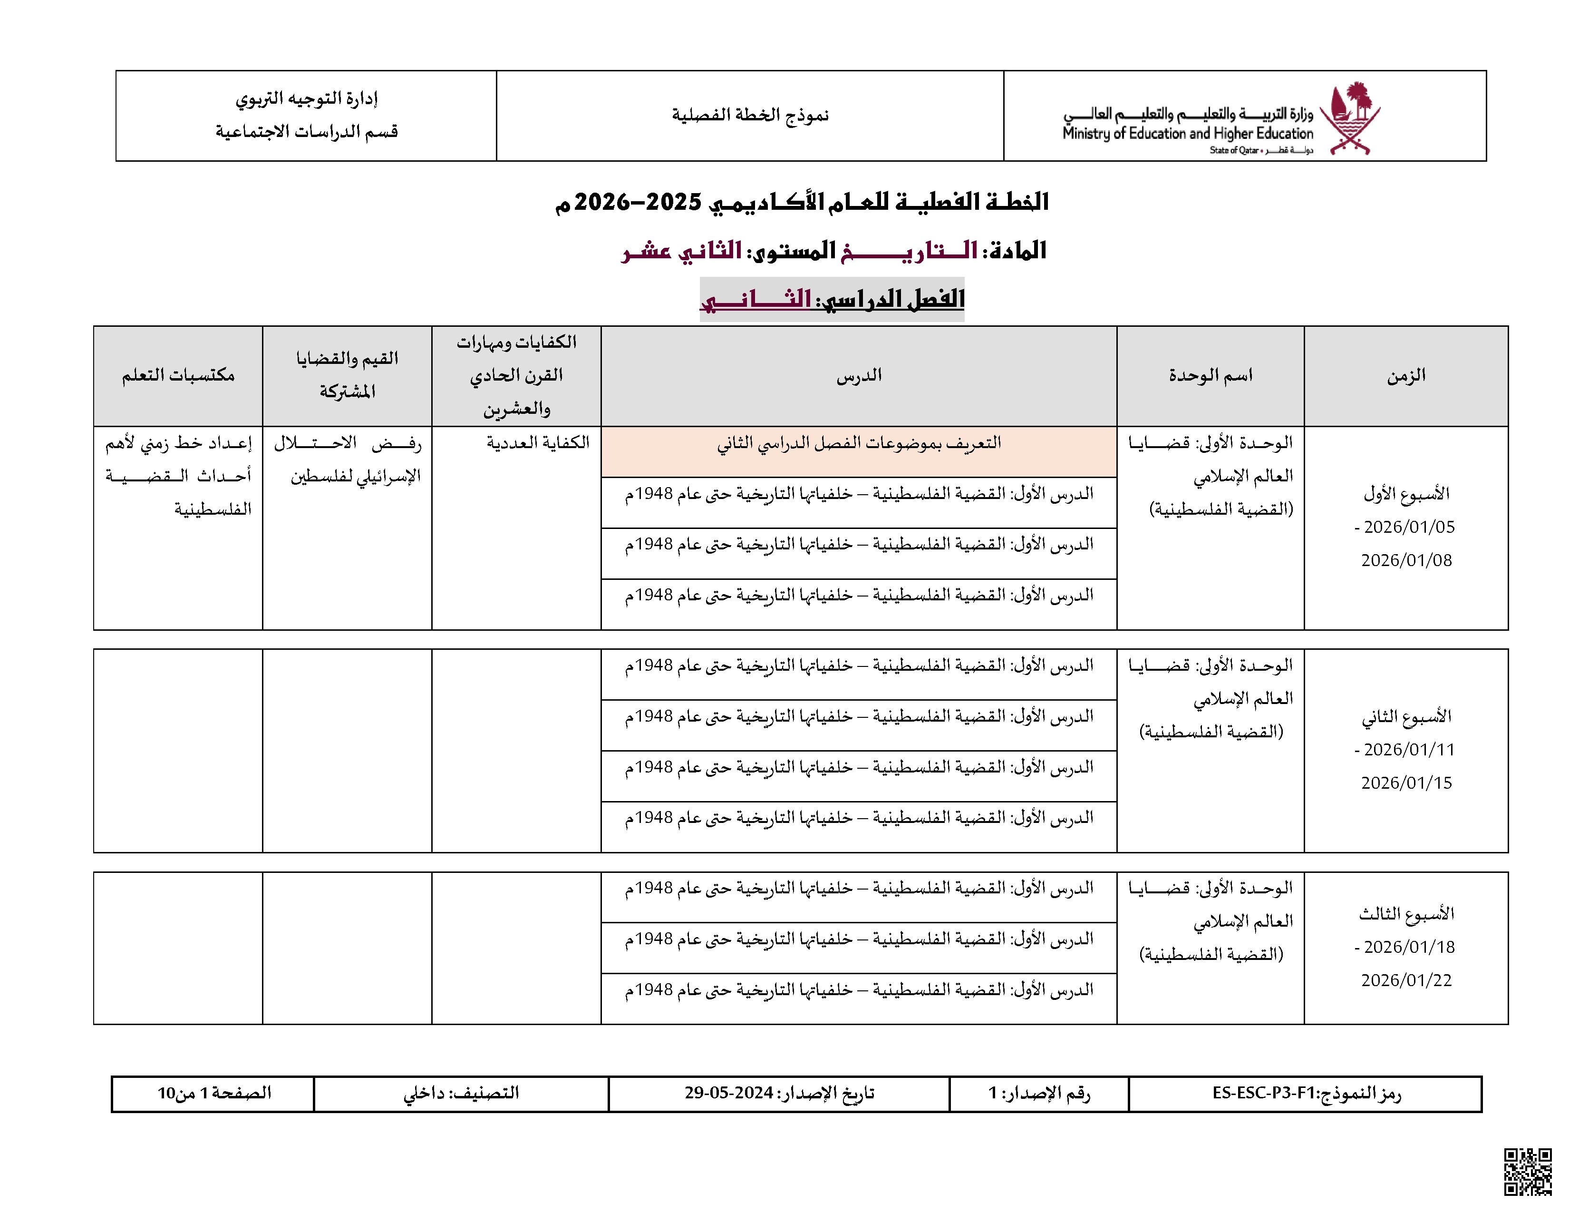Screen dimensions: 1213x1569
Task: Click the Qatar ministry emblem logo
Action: (x=1354, y=118)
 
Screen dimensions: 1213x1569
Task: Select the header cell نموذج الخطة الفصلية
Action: (x=750, y=115)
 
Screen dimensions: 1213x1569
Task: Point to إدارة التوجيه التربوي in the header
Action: (x=307, y=98)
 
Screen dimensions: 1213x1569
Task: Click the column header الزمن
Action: (x=1406, y=375)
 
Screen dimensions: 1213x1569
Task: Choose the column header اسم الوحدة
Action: (x=1210, y=375)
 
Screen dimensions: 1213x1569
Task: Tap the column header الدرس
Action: (x=859, y=375)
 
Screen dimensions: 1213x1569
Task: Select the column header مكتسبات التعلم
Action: (x=178, y=375)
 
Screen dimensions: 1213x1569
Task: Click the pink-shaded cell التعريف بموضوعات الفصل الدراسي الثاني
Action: (x=859, y=443)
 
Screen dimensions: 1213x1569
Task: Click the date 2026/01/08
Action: (x=1406, y=560)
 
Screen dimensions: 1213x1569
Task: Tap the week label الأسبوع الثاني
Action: (x=1406, y=716)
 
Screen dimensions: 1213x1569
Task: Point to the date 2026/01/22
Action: (x=1406, y=981)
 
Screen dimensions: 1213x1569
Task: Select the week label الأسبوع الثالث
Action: (x=1406, y=914)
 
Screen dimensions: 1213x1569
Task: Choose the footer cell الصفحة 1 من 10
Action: (x=214, y=1093)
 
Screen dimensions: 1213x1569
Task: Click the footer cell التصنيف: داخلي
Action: (x=461, y=1093)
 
